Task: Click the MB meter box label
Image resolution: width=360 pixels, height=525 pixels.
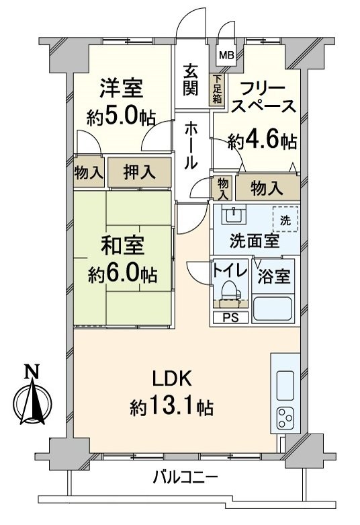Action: (x=226, y=56)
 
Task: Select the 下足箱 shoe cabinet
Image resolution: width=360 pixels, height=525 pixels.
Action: (x=217, y=90)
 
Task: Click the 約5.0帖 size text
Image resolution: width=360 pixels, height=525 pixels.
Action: (x=122, y=117)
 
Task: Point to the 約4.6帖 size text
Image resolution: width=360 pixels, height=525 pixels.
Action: (x=262, y=141)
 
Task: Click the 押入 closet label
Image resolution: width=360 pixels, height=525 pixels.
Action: (x=139, y=172)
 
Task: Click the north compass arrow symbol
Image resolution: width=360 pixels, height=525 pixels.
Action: (x=30, y=401)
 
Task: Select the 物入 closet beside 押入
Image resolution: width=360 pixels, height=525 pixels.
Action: (x=89, y=173)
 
